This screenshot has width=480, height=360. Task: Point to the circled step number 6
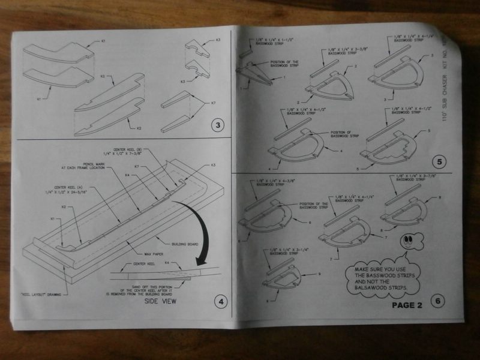tap(437, 301)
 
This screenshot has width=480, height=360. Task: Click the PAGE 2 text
tap(407, 305)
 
